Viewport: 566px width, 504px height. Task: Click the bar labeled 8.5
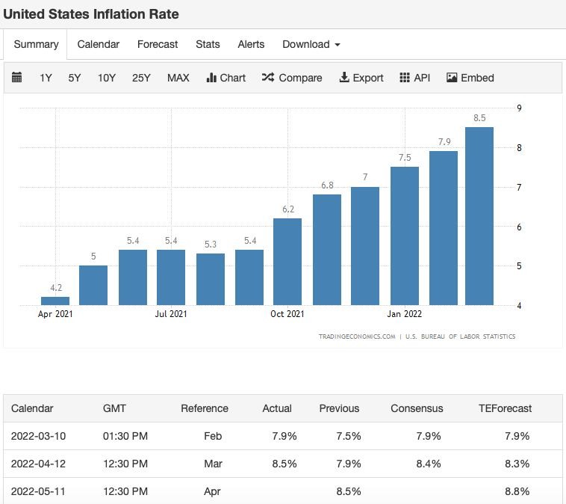[479, 216]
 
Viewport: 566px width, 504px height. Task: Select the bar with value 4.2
[55, 301]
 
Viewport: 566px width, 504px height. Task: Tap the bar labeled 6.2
[287, 262]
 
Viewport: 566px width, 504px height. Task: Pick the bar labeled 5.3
[211, 279]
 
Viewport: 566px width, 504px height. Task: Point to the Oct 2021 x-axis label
[287, 314]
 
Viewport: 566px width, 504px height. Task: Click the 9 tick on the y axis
[519, 108]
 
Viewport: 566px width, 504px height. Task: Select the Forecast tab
[158, 44]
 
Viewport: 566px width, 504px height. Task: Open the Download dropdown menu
[311, 44]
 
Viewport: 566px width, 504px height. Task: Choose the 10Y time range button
[107, 78]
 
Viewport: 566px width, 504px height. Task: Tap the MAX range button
[178, 78]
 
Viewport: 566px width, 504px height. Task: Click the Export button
[361, 78]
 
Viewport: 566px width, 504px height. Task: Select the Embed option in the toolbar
[470, 78]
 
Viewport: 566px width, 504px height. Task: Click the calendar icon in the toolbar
[16, 77]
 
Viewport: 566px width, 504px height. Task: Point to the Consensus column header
[417, 408]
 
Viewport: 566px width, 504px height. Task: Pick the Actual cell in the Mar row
[284, 464]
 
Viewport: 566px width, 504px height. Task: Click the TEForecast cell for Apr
[517, 491]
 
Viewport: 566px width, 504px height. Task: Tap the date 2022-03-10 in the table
[38, 436]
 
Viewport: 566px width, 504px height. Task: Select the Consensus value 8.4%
[429, 464]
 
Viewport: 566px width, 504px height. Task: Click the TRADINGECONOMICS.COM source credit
[357, 336]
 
